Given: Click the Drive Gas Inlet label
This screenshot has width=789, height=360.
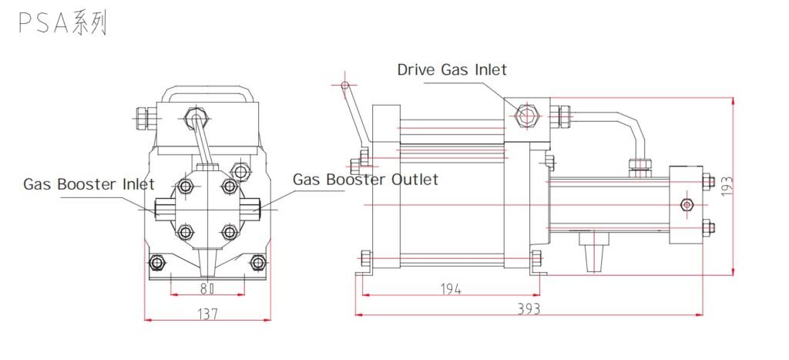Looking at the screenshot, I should tap(452, 69).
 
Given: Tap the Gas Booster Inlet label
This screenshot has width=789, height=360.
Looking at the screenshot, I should tap(89, 184).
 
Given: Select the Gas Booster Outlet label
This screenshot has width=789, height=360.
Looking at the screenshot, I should tap(365, 180).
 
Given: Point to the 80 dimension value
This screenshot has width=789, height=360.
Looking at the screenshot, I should tap(206, 289).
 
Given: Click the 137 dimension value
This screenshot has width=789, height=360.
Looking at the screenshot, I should tap(206, 314).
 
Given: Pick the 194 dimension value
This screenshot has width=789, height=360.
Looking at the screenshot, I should tap(451, 289).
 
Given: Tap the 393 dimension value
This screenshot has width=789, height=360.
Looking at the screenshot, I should tap(529, 308).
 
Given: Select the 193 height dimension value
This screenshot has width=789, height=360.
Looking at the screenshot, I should tap(725, 186).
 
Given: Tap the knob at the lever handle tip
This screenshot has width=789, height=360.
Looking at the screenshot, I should tap(344, 84).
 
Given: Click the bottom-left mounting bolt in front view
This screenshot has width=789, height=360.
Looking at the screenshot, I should tap(158, 264).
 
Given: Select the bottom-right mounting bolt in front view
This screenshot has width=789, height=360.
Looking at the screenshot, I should tap(257, 264).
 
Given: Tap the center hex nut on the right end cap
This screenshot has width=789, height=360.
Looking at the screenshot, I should tap(688, 204).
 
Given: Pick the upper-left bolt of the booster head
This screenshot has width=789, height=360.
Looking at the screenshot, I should tap(185, 186).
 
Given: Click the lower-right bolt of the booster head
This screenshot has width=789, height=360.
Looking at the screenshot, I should tap(229, 230).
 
